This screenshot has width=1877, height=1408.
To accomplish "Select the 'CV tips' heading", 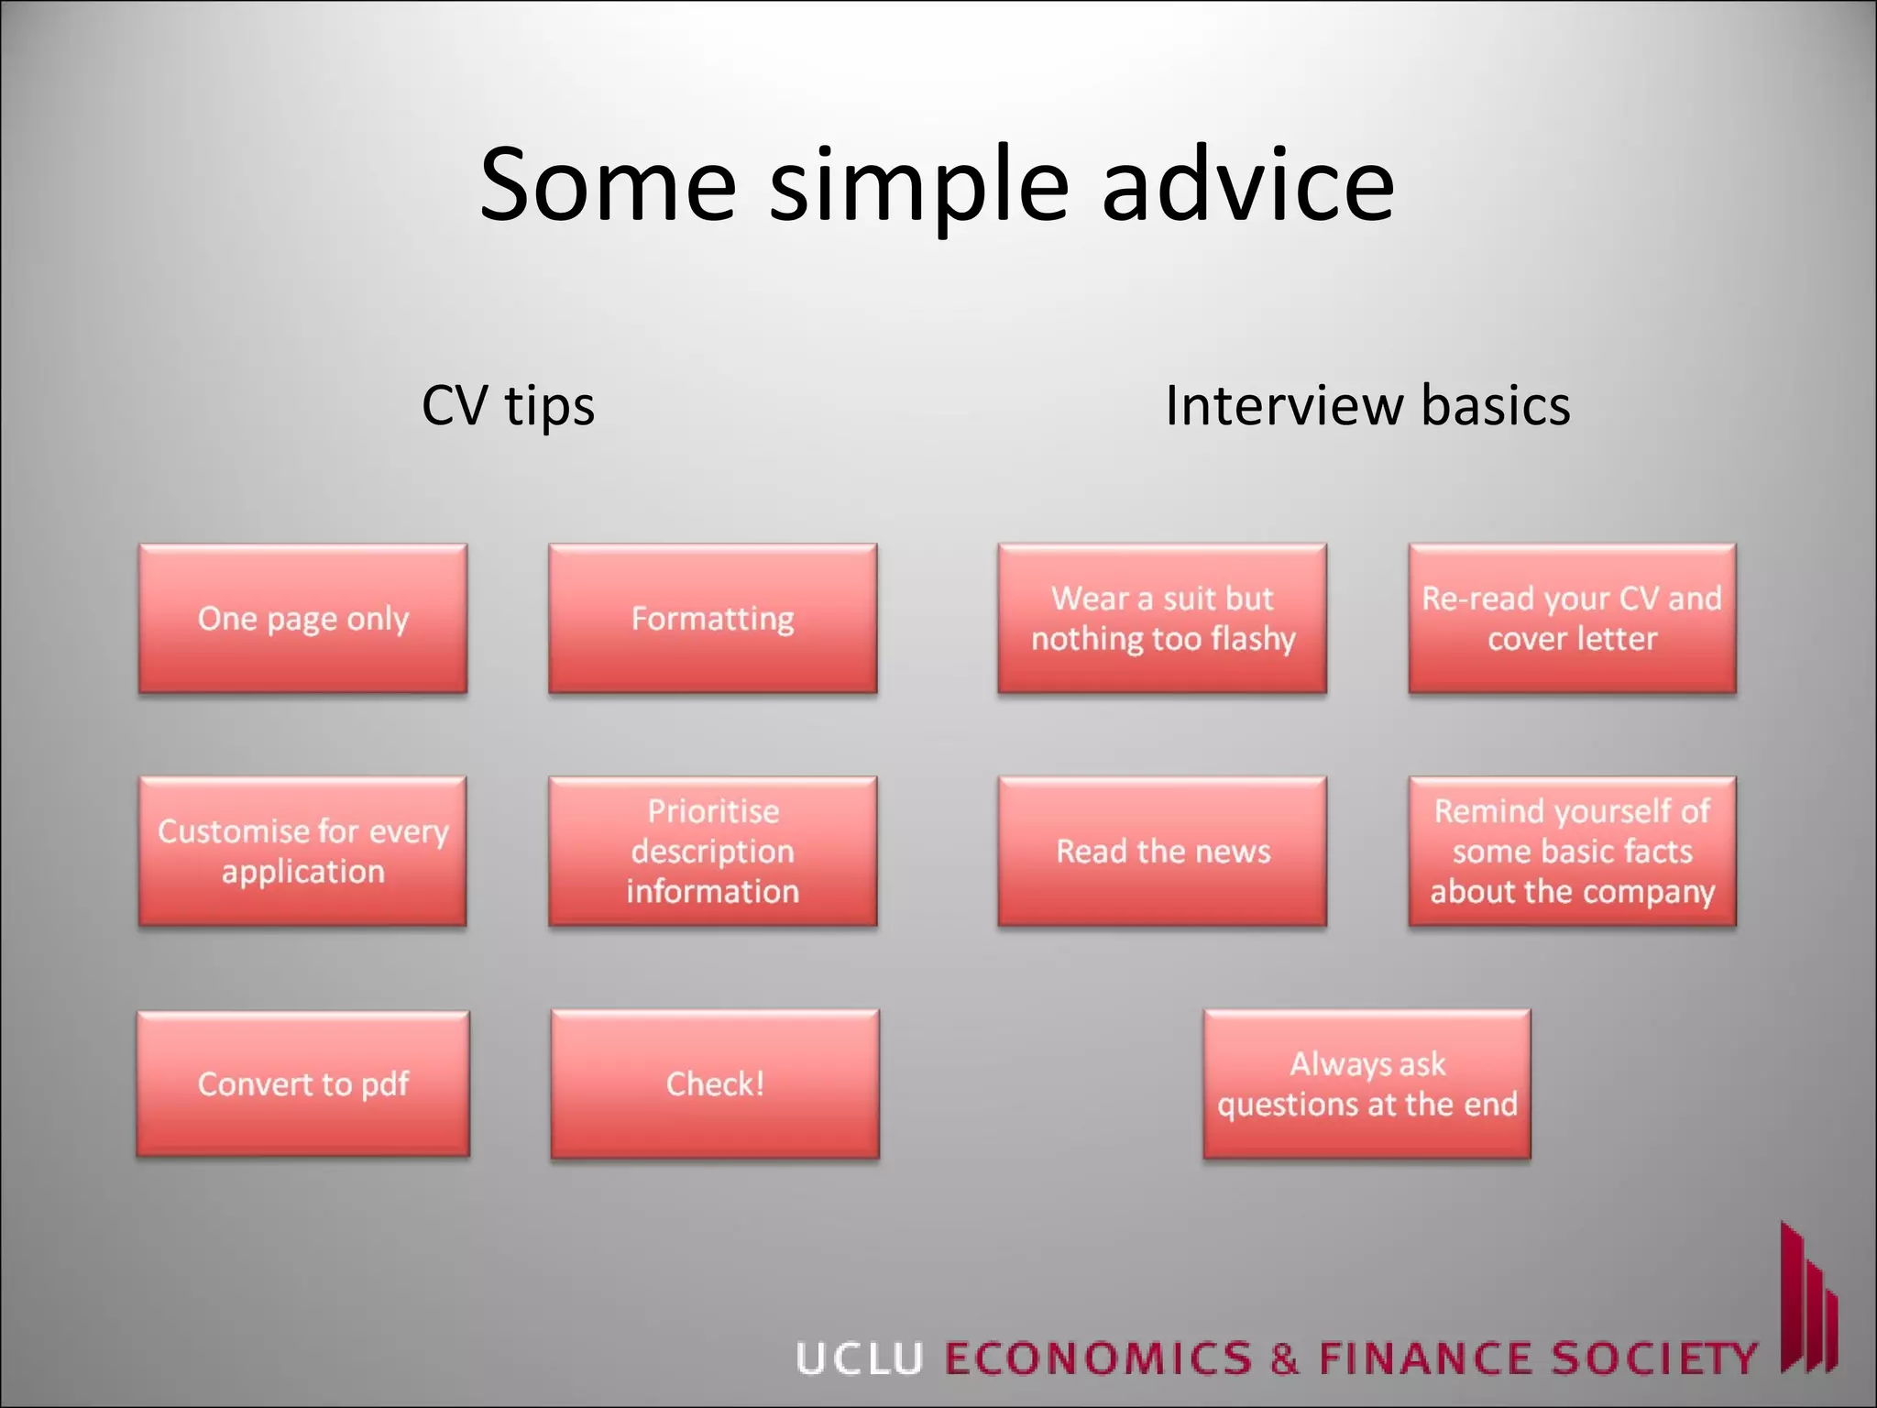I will (508, 405).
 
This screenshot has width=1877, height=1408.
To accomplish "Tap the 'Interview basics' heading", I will (1367, 405).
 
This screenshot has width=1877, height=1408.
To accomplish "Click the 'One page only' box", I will (302, 619).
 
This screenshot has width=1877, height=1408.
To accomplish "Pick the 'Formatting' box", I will (712, 619).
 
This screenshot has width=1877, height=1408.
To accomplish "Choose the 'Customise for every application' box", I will (302, 851).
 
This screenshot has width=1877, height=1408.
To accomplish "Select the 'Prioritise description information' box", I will (712, 851).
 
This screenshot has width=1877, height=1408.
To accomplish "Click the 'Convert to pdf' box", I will (302, 1083).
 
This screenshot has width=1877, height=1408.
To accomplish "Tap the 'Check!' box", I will (715, 1083).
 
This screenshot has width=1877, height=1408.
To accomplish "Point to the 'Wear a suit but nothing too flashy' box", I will (1162, 619).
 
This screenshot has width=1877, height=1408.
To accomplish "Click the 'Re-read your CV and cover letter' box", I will (1572, 619).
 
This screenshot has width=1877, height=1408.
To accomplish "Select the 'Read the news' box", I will (1162, 851).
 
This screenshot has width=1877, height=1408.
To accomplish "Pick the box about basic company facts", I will (1572, 851).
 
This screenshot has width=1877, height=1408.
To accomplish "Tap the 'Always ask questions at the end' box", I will (1367, 1083).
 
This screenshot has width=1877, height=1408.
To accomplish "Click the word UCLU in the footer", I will (859, 1358).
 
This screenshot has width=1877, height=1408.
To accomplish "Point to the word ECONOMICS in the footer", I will (1098, 1358).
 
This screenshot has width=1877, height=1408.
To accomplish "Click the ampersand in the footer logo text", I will (1285, 1358).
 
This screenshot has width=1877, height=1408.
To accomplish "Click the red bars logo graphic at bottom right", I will (1807, 1302).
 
